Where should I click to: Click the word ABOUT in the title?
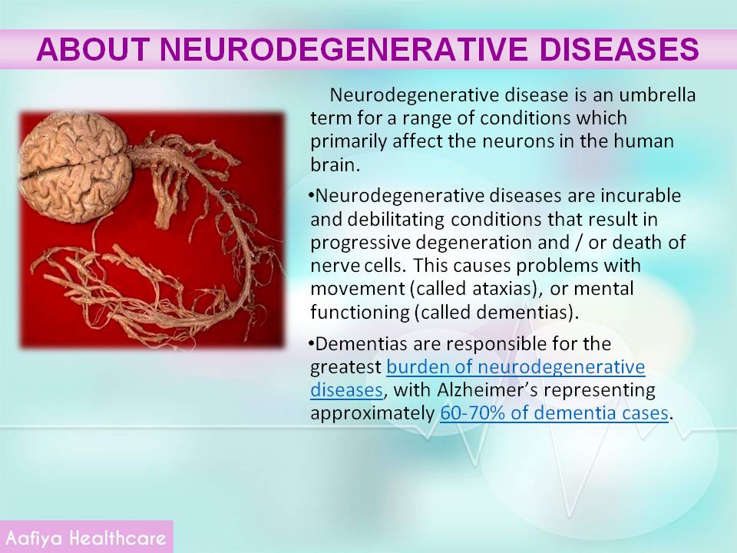(93, 49)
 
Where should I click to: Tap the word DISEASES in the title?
(619, 49)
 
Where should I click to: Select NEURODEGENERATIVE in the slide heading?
(344, 49)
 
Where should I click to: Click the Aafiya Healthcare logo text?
(86, 538)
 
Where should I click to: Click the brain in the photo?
(75, 167)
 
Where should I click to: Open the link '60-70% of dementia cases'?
(554, 413)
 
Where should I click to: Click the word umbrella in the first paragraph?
(657, 95)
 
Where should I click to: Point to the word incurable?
(641, 195)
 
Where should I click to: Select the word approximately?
(372, 414)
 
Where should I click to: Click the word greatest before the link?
(346, 367)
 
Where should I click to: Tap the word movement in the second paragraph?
(357, 289)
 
